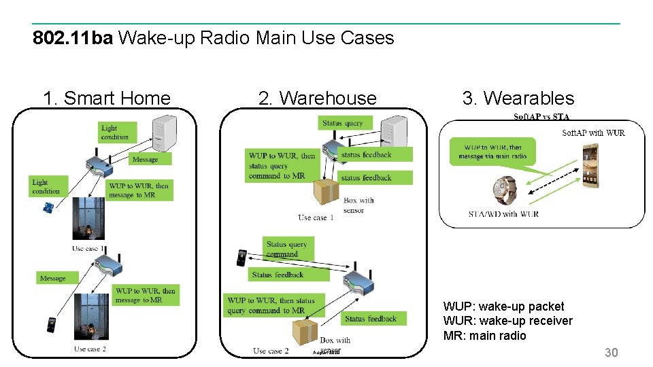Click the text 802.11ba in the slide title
73,37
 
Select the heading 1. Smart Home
107,98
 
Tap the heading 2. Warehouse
317,98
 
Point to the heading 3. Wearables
518,98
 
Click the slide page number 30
612,352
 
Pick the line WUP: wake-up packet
503,307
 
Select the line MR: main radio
484,336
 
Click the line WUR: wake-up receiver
507,321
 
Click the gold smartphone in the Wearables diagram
591,166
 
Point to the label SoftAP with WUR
593,133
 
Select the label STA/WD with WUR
503,214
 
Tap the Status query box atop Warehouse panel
342,123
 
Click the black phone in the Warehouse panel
241,259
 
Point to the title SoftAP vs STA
541,117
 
